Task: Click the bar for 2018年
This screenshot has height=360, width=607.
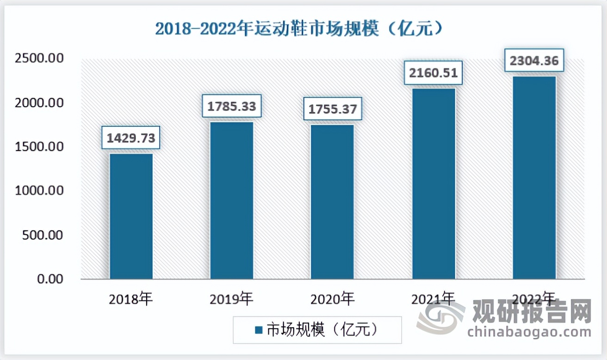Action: tap(131, 217)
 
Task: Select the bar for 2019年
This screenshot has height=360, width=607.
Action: tap(232, 201)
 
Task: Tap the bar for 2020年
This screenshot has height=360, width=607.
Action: tap(332, 202)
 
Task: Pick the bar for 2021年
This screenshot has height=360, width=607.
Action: tap(434, 184)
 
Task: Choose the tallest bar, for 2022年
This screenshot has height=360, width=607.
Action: tap(534, 178)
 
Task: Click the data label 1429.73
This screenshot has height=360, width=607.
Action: tap(131, 137)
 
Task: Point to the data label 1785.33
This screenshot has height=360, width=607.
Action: tap(232, 106)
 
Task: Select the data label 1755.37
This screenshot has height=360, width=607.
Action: tap(333, 109)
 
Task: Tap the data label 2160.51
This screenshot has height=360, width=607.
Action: tap(434, 73)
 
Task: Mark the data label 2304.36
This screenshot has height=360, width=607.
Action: tap(534, 60)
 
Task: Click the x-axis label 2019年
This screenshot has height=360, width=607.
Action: tap(231, 299)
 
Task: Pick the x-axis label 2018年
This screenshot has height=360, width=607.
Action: tap(130, 299)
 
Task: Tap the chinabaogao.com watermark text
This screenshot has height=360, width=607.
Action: tap(529, 332)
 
